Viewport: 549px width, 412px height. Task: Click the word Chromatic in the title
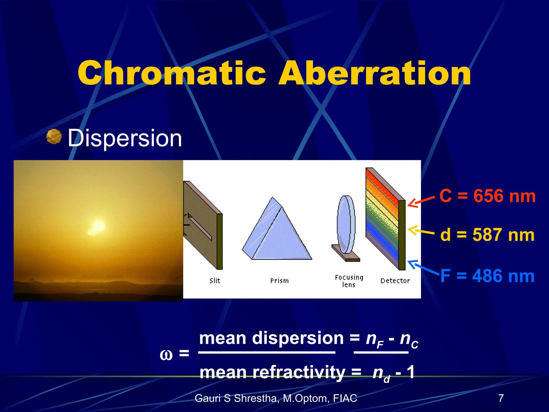[x=172, y=73]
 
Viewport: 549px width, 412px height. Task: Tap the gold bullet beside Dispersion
[x=54, y=137]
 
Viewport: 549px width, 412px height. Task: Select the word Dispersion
[x=125, y=138]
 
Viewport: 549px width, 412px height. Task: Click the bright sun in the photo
[x=97, y=227]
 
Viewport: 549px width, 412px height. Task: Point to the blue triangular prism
[x=277, y=233]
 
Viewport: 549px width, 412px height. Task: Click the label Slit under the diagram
[x=215, y=281]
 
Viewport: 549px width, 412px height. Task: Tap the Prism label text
[x=279, y=281]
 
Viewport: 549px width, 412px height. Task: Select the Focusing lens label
[x=349, y=281]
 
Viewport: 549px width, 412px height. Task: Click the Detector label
[x=395, y=281]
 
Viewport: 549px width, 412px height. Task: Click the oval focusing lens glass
[x=346, y=224]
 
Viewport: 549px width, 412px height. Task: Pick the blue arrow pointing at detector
[x=422, y=267]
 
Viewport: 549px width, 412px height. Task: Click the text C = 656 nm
[x=487, y=196]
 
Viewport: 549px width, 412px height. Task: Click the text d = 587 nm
[x=487, y=235]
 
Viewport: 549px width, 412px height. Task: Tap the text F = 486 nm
[x=487, y=276]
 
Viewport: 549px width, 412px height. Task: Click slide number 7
[x=501, y=398]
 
